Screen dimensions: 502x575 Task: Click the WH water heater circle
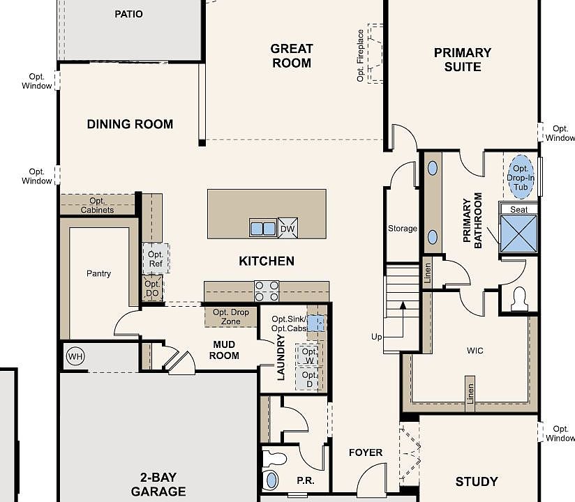click(x=75, y=357)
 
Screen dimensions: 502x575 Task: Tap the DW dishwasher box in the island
click(x=287, y=228)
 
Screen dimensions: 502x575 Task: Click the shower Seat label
click(x=518, y=209)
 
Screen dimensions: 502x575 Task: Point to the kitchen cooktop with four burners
click(x=266, y=289)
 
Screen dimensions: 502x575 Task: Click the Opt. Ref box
click(x=156, y=259)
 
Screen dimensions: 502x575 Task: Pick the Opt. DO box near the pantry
click(x=152, y=289)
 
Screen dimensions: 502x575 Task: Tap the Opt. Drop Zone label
click(x=231, y=317)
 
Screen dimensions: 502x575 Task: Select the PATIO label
click(x=128, y=14)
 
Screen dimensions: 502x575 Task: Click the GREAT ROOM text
click(x=292, y=56)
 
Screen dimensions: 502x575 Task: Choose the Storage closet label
click(x=402, y=229)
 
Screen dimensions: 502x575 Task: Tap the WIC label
click(x=475, y=351)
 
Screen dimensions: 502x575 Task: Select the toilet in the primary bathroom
click(x=519, y=299)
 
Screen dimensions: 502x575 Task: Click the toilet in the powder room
click(x=271, y=479)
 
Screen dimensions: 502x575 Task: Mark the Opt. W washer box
click(x=308, y=355)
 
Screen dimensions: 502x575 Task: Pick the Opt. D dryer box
click(x=308, y=379)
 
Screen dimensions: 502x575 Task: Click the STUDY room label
click(x=477, y=482)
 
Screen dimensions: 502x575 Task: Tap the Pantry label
click(x=98, y=273)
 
